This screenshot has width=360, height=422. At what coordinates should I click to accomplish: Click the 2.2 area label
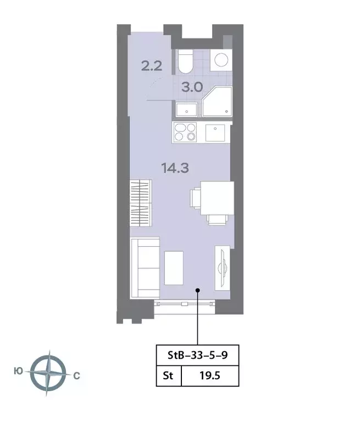[x=151, y=67]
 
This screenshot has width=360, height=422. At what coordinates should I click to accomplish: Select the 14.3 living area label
[x=175, y=168]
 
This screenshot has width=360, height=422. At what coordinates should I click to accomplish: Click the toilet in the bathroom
[x=185, y=62]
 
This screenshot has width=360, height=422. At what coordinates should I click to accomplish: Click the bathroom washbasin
[x=188, y=110]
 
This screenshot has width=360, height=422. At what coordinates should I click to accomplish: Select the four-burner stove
[x=185, y=132]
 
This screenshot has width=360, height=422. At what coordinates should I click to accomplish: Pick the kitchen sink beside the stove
[x=215, y=133]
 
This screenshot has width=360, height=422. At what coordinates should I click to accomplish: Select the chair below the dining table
[x=216, y=219]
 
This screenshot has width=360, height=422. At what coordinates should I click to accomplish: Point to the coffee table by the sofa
[x=174, y=267]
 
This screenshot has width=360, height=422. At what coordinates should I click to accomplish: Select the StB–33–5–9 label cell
[x=196, y=355]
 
